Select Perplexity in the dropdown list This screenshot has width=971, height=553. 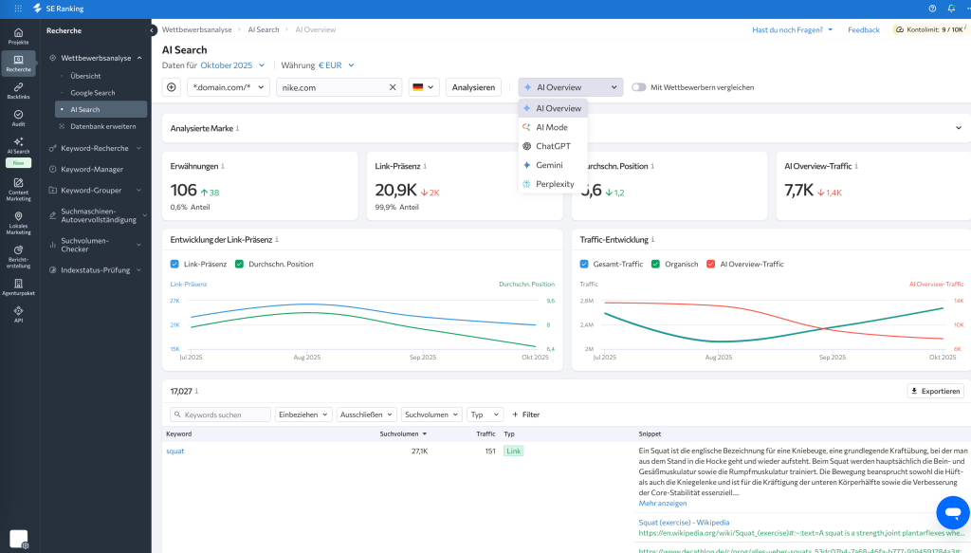554,184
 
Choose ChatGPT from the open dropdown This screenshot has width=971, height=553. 553,146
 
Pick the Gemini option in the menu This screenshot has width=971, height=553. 549,165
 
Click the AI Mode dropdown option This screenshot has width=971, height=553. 551,127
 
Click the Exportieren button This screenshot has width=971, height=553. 935,391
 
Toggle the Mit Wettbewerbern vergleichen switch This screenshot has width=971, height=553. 639,87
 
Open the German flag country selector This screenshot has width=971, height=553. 424,87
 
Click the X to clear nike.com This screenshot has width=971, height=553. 394,87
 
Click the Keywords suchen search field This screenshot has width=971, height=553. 220,415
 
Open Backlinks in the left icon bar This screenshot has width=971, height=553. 18,90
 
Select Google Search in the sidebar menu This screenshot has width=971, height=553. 92,93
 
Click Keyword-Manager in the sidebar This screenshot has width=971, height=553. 92,169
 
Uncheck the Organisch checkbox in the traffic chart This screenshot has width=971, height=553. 655,265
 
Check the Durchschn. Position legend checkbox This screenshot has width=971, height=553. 240,265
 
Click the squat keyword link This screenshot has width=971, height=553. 175,452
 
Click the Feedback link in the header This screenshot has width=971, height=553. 863,29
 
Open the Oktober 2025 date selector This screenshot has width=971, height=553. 232,65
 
